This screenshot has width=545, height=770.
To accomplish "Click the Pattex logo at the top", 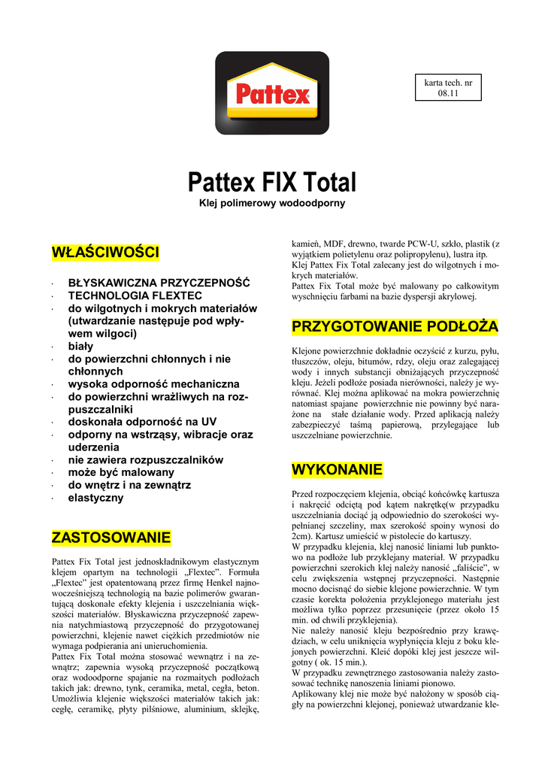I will point(272,92).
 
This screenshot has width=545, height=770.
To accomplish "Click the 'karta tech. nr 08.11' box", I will point(448,87).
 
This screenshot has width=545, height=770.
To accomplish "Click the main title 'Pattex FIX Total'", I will point(272,182).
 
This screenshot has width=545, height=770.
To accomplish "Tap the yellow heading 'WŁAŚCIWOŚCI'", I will point(104,252).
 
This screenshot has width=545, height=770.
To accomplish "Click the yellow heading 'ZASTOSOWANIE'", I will point(111,538).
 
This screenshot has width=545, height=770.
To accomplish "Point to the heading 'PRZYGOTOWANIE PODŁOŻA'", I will point(395,327).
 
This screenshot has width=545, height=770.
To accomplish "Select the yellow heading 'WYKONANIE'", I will point(337,471).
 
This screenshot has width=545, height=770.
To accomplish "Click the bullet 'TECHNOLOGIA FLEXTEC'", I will point(135,296).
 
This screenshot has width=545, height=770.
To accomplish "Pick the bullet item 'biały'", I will point(81,346).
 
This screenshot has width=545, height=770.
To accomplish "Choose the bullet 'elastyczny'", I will point(96,497).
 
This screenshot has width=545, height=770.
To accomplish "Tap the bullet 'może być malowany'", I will point(121,472).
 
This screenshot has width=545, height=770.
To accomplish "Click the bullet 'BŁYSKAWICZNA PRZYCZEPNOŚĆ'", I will point(159,283).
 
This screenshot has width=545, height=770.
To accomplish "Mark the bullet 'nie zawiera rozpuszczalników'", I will point(146,459).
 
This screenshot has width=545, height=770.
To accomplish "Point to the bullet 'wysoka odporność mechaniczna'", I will point(154,383).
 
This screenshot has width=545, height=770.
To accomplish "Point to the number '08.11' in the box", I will point(448,93).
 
